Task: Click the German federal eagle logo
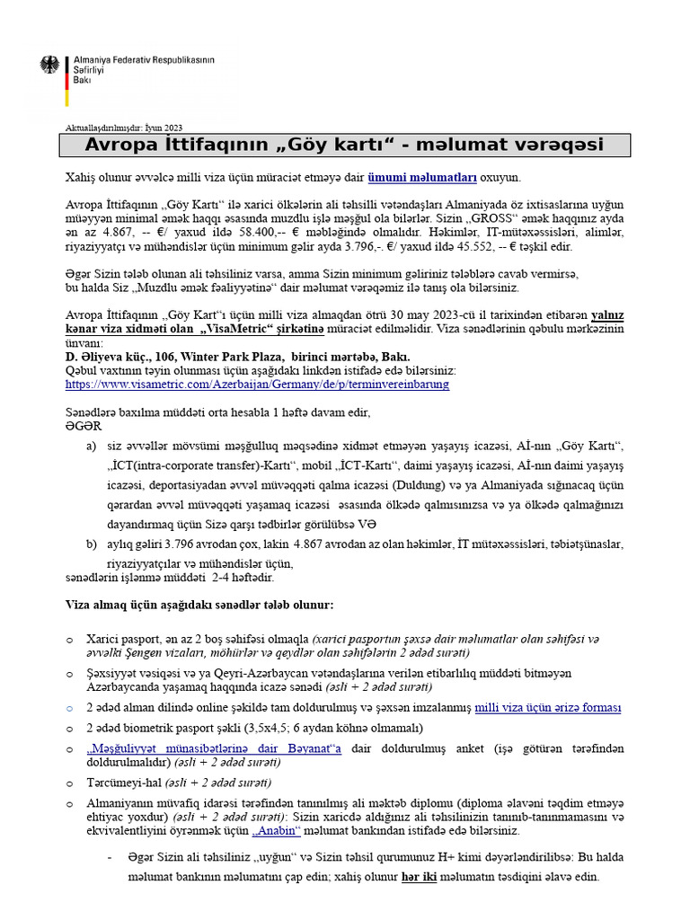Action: [50, 66]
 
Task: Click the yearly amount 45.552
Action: [524, 246]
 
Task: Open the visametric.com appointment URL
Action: [258, 384]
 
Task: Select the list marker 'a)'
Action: [90, 447]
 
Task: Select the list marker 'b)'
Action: [90, 544]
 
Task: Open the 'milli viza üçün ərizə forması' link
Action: [546, 707]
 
